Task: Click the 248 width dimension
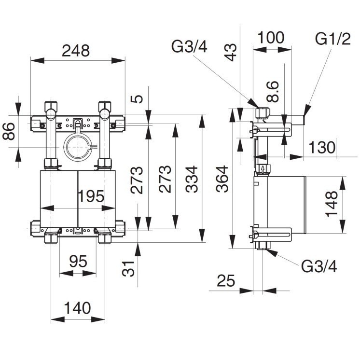[x=76, y=51]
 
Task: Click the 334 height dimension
[x=192, y=179]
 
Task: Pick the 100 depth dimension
[x=271, y=38]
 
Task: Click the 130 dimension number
[x=321, y=147]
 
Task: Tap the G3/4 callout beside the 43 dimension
[x=190, y=47]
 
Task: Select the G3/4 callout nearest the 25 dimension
[x=319, y=266]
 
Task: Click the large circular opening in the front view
[x=77, y=147]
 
